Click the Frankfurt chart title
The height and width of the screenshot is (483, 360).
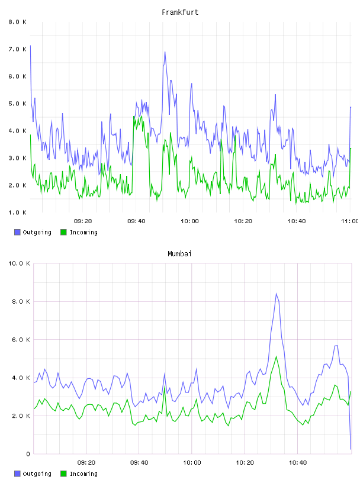pos(180,12)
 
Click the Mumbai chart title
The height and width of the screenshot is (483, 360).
pos(179,254)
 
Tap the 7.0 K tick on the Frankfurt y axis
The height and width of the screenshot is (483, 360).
pos(18,49)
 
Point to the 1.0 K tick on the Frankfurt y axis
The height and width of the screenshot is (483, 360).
pos(18,212)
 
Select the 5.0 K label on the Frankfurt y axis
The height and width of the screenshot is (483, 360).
pos(18,104)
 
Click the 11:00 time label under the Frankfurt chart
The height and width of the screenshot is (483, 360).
pos(350,221)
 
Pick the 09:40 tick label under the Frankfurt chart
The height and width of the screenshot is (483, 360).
pos(136,221)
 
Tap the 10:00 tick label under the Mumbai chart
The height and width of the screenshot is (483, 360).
pos(192,463)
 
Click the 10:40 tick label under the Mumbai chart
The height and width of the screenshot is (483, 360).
pos(298,463)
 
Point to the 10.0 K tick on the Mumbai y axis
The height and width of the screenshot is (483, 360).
pos(19,263)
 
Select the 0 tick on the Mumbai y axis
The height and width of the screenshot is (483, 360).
pos(28,454)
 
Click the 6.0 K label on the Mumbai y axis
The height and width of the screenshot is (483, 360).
pos(21,340)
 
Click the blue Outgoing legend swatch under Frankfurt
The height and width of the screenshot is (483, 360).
pos(17,232)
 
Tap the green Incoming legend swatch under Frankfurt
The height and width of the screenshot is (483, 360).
pos(63,232)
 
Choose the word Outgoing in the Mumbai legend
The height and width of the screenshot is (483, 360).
pos(37,474)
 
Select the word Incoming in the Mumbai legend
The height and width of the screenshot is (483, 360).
pos(83,474)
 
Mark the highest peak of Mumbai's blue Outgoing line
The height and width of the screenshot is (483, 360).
pos(276,293)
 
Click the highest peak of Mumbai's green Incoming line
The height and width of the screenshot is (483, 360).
pos(276,356)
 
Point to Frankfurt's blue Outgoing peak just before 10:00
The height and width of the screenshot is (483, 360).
pos(165,51)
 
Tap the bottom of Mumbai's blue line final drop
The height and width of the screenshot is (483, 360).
pos(351,449)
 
